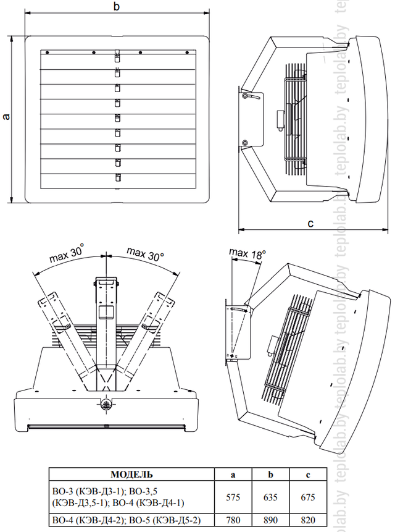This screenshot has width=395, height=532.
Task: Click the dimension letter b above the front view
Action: pos(117,6)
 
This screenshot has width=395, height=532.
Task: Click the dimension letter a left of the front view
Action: pos(6,117)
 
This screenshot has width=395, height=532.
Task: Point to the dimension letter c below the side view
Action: pos(310,223)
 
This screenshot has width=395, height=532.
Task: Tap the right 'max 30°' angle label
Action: pos(145,254)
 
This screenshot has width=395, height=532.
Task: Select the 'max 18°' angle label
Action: pos(247,253)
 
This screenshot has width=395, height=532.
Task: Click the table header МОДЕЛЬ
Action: pos(131,474)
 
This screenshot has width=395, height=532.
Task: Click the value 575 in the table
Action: pos(233,497)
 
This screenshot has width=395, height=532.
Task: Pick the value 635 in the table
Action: pos(270,497)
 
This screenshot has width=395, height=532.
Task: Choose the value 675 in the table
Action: pos(308,497)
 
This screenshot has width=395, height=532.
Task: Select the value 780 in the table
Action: pos(233,520)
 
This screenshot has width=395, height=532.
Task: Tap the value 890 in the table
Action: pos(270,520)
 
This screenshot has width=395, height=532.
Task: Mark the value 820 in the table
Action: pos(308,520)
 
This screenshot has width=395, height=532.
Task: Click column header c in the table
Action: pos(308,475)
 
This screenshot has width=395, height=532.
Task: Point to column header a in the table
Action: pos(233,475)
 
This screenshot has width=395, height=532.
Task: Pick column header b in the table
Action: pos(270,475)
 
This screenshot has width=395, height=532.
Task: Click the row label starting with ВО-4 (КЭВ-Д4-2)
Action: pos(129,520)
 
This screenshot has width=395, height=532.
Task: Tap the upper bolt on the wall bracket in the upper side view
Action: pos(245,96)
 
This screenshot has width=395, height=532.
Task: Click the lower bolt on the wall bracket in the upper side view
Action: pos(245,143)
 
